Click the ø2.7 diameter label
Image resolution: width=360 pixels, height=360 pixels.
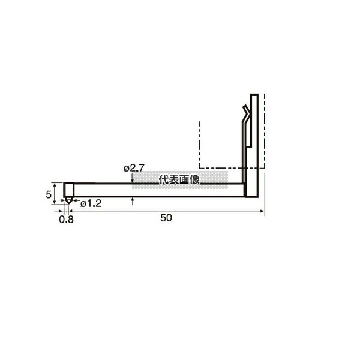click(134, 168)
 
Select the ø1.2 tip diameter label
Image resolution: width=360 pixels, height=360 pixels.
click(91, 203)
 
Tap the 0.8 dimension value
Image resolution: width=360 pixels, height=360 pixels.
click(67, 220)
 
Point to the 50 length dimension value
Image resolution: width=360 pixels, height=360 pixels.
click(166, 218)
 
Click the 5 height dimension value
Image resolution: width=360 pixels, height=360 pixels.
click(49, 194)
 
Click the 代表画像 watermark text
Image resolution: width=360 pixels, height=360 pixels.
click(179, 180)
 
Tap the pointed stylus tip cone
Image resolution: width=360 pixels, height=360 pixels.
click(68, 201)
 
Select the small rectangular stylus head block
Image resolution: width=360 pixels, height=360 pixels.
click(68, 190)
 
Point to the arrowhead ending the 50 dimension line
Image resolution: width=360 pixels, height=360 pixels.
click(262, 211)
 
